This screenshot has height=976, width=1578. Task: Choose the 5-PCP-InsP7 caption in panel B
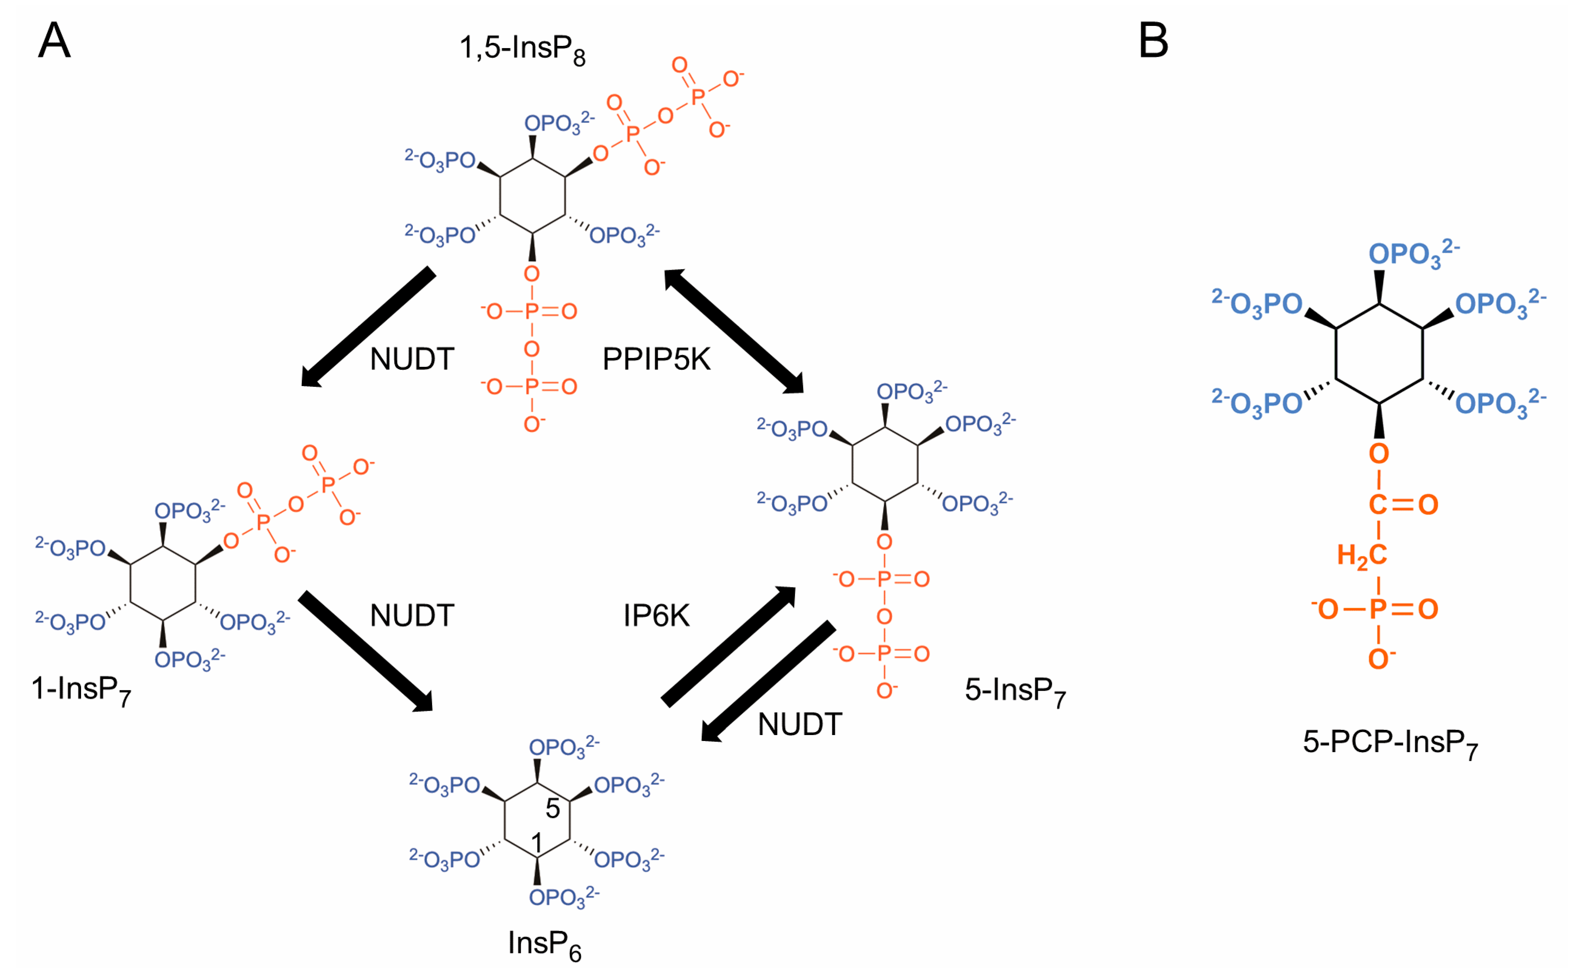click(x=1390, y=743)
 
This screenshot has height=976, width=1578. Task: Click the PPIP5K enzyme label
click(x=656, y=359)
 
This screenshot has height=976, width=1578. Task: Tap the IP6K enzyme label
click(x=656, y=615)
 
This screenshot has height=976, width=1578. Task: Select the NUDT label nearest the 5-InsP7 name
click(x=799, y=724)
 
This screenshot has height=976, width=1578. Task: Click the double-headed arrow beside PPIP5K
click(x=734, y=332)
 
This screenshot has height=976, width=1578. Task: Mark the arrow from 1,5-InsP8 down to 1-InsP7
click(x=368, y=326)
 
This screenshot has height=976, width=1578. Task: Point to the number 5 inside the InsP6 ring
click(x=553, y=809)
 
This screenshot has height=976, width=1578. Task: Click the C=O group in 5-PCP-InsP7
click(x=1403, y=504)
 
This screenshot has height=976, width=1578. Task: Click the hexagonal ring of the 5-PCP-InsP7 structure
click(x=1379, y=354)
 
